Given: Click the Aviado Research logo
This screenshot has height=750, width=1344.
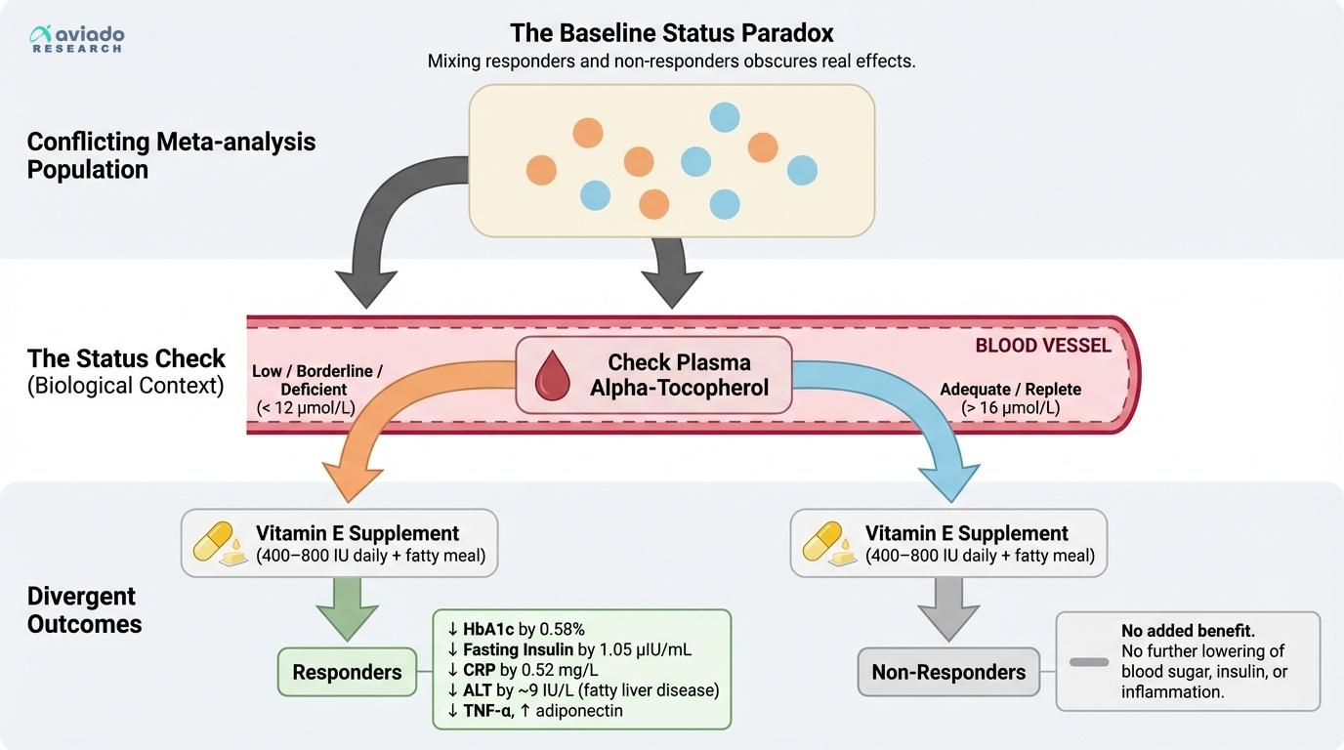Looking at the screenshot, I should pos(77,39).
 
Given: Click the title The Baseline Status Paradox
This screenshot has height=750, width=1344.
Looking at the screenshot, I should pos(671,33).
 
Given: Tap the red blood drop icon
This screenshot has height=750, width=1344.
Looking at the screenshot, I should pos(555,376).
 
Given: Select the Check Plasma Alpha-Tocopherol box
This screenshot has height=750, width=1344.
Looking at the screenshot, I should pos(653,375).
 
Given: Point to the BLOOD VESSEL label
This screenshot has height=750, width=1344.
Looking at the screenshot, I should pos(1043,346).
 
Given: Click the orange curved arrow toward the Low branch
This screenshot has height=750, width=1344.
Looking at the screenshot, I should pos(391,420).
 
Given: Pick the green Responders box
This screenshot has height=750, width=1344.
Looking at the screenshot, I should pos(347,672).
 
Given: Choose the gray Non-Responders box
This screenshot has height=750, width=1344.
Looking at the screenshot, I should pos(948,672).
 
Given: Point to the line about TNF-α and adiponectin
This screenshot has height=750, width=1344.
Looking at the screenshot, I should pos(534,710).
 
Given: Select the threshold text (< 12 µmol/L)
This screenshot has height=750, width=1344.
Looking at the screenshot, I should pos(307,407).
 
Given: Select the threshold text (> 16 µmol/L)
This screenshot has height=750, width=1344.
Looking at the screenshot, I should pos(1010,408).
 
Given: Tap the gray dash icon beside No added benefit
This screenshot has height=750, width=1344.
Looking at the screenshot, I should pos(1089,662).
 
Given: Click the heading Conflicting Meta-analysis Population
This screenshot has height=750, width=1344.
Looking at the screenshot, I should pos(171,155).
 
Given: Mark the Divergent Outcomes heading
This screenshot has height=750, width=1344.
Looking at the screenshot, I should pos(84,610).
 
